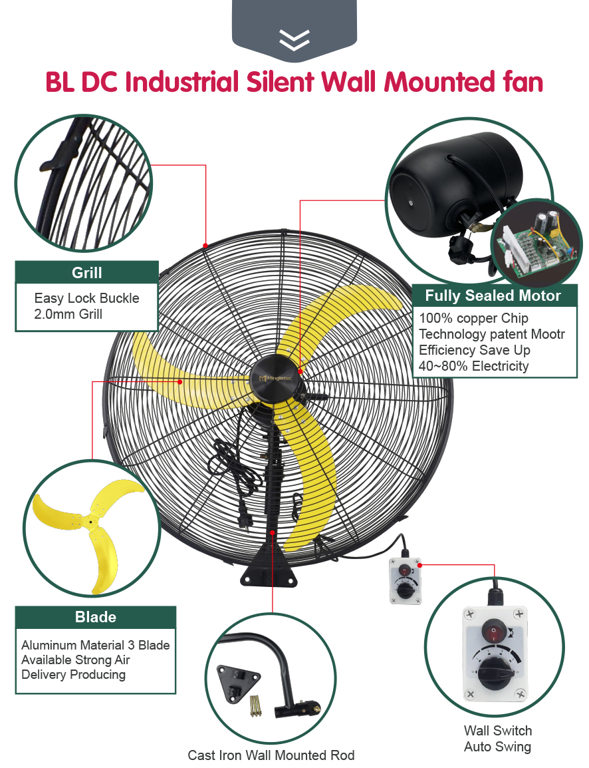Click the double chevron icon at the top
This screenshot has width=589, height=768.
(x=294, y=40)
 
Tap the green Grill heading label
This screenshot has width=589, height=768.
(x=86, y=273)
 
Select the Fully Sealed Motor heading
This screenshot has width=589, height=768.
(x=493, y=295)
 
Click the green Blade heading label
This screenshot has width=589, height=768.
(x=95, y=617)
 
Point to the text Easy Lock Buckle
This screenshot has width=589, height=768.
(x=86, y=298)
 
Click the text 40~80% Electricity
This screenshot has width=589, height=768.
(x=473, y=365)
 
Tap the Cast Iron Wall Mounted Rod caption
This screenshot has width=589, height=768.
(x=271, y=755)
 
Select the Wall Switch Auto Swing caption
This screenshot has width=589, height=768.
(x=497, y=739)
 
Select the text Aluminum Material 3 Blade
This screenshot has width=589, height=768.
(x=95, y=645)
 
